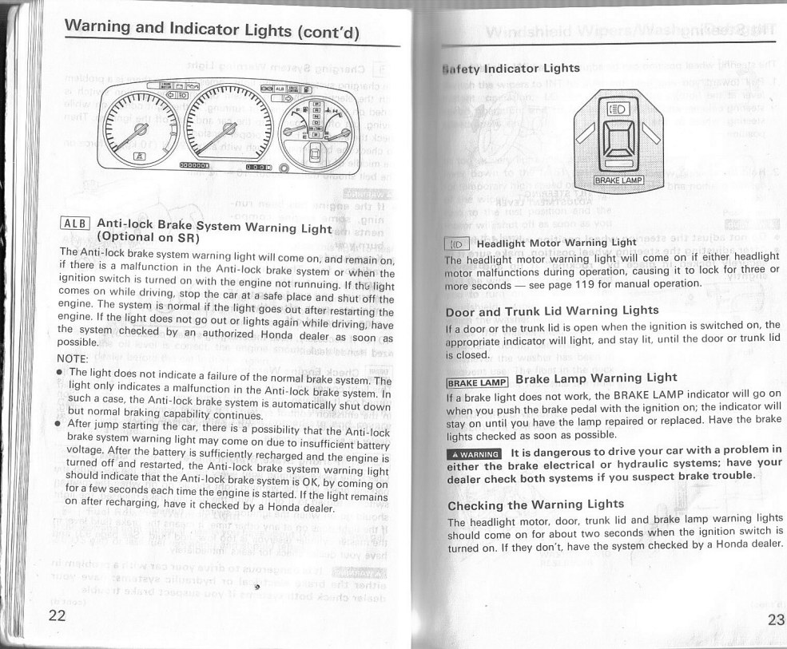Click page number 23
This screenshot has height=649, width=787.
tap(775, 620)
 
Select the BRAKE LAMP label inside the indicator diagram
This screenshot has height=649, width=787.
tap(625, 180)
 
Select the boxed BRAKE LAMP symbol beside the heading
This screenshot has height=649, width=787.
tap(477, 380)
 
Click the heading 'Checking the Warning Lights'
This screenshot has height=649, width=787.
tap(536, 505)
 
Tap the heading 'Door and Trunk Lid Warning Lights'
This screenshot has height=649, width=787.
tap(552, 310)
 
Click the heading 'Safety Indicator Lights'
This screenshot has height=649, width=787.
tap(511, 69)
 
